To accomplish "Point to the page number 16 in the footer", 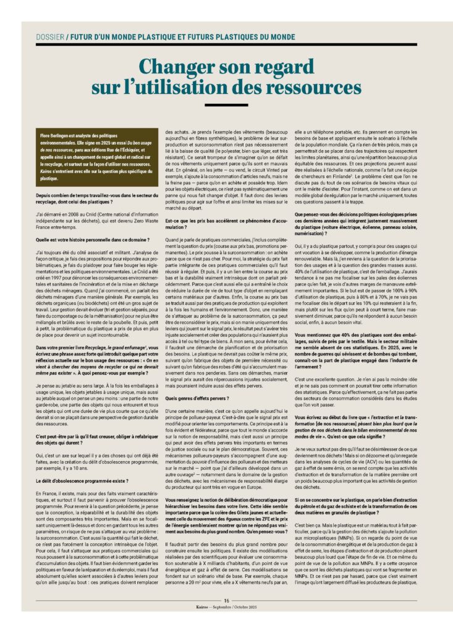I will click(226, 600).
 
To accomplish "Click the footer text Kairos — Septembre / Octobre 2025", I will click(226, 607).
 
